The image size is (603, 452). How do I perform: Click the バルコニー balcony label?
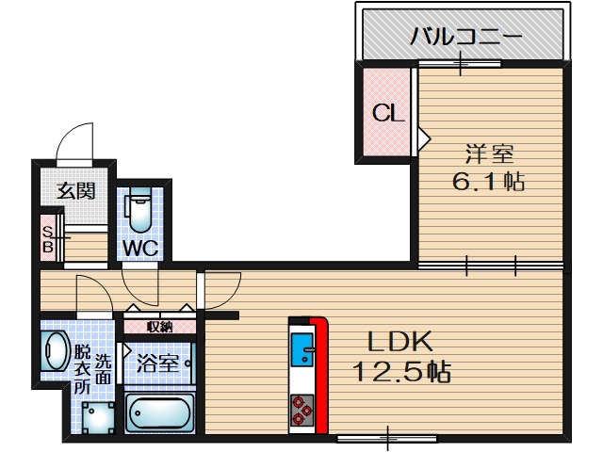point(465,39)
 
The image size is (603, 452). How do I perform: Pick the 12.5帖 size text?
point(401,371)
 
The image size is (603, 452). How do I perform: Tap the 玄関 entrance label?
point(75,190)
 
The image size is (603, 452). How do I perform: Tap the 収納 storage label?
point(160,327)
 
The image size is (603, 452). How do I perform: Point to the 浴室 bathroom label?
point(156,363)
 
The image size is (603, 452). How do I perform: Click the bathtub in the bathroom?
point(159,413)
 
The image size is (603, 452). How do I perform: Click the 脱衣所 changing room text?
point(82,370)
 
